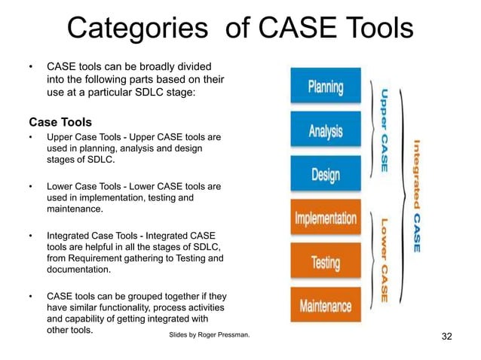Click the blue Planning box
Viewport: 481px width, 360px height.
[x=326, y=87]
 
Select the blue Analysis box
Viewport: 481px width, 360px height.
[x=326, y=130]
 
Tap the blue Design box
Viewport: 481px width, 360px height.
[x=326, y=174]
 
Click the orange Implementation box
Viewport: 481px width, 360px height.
[x=326, y=218]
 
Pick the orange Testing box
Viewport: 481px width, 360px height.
[x=326, y=262]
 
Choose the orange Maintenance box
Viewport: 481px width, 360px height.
[x=326, y=306]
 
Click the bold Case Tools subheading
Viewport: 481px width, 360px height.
[x=60, y=122]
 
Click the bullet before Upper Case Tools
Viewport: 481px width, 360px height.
[x=31, y=138]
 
